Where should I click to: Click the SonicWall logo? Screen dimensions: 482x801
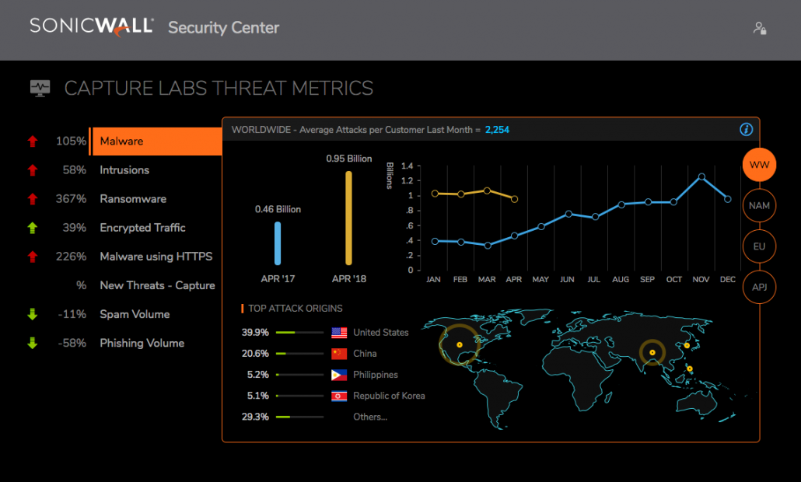tap(92, 26)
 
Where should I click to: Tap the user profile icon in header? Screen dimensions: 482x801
tap(760, 28)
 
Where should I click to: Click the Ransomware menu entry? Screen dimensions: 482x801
tap(133, 199)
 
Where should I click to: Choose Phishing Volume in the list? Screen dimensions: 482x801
tap(142, 343)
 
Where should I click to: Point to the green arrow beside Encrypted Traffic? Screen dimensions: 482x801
tap(33, 228)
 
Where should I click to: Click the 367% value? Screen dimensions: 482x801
tap(71, 199)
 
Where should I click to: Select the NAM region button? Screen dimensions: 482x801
tap(759, 206)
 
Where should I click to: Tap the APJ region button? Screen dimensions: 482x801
tap(759, 287)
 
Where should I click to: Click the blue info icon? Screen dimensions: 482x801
tap(746, 130)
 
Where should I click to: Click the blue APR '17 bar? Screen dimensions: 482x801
tap(278, 243)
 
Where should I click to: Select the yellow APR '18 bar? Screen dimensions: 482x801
tap(348, 218)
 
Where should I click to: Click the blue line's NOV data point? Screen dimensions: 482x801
tap(701, 176)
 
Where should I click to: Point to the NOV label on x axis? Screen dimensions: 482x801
tap(701, 278)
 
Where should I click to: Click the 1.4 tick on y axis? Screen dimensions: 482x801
tap(407, 166)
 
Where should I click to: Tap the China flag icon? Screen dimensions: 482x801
tap(339, 354)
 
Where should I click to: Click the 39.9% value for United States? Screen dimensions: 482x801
tap(255, 333)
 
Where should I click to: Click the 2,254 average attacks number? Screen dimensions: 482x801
tap(497, 130)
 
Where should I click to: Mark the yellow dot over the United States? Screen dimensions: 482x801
tap(459, 344)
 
